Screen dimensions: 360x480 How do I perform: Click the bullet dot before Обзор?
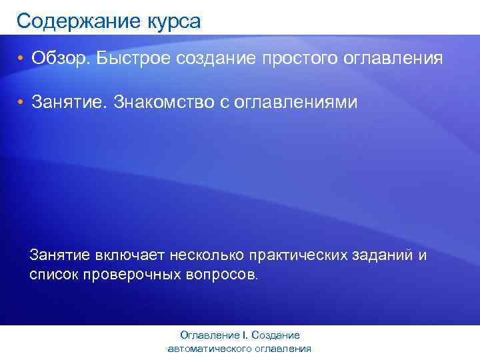tap(21, 59)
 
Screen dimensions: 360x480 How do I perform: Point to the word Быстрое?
tap(134, 59)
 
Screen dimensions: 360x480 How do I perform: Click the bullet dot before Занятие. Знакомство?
tap(21, 103)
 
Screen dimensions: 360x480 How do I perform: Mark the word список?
tap(54, 274)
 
